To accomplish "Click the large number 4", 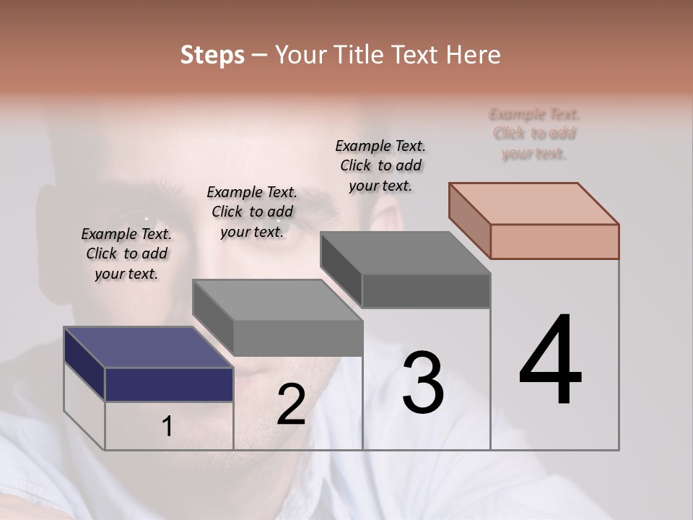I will (x=550, y=360).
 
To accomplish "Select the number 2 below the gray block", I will (x=291, y=404).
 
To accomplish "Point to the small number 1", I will (x=167, y=426).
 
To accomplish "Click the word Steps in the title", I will (x=212, y=55).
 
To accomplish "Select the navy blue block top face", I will (x=148, y=347).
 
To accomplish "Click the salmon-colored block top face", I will (x=534, y=203).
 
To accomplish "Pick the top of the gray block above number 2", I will (x=278, y=300).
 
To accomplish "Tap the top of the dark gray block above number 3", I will (x=406, y=253).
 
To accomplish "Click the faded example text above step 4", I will (x=534, y=134).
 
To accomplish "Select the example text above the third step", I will (x=380, y=165).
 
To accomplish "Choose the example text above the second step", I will (x=252, y=212).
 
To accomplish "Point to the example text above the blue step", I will (x=126, y=253).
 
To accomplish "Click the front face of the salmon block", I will (x=554, y=241).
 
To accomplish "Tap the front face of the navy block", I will (x=169, y=384).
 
